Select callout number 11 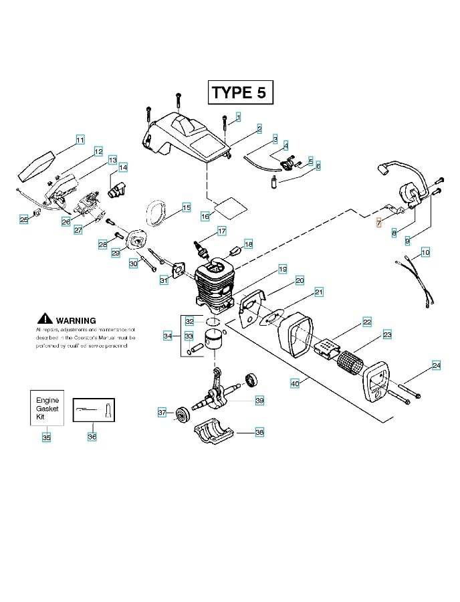(x=80, y=140)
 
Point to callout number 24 (x=436, y=365)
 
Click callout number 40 (x=295, y=383)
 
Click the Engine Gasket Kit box (x=47, y=407)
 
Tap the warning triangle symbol (x=45, y=319)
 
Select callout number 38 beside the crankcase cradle (x=259, y=432)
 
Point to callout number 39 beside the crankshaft (x=259, y=400)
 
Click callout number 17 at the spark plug (x=221, y=231)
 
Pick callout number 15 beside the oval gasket (x=186, y=207)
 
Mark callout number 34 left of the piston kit (x=168, y=335)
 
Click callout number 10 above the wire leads (x=425, y=252)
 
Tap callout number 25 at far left (x=24, y=219)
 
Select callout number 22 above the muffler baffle (x=367, y=322)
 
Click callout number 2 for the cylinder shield (x=259, y=128)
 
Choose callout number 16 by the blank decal (x=205, y=216)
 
